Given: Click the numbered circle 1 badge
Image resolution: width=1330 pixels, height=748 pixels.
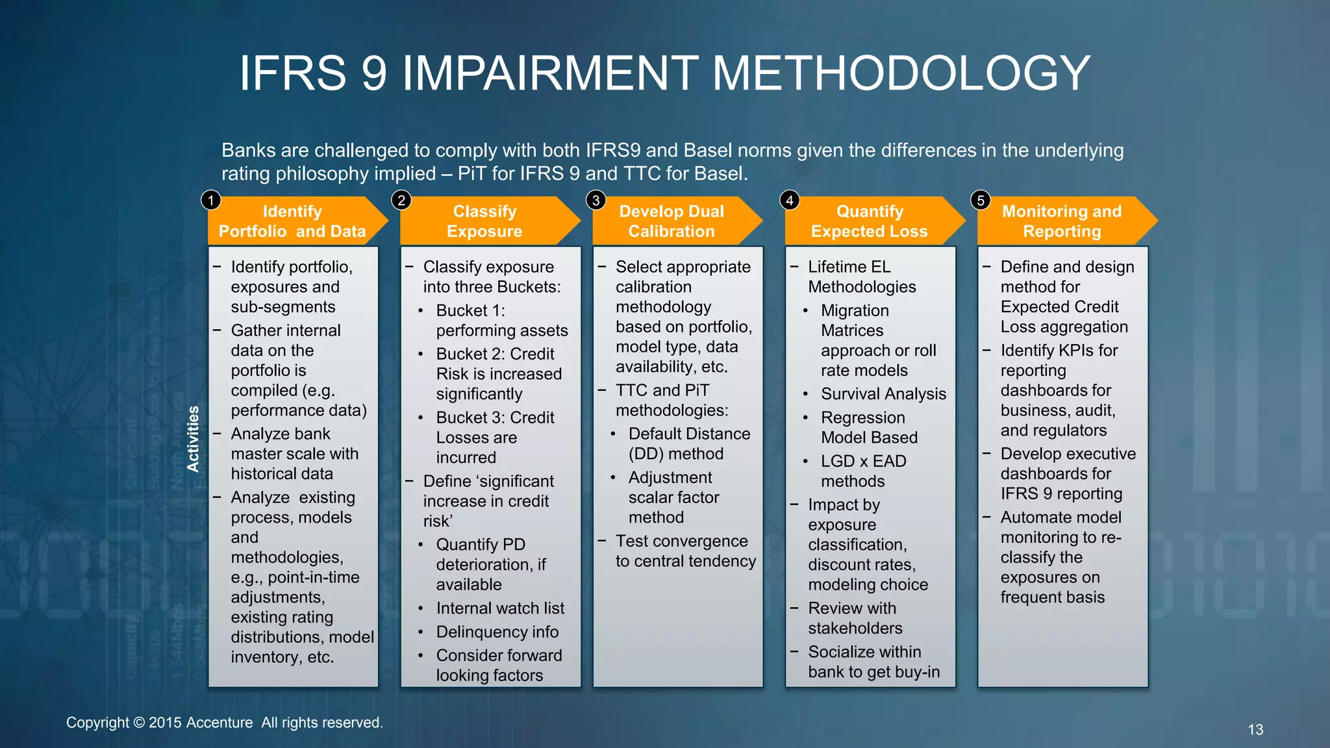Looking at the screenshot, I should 211,200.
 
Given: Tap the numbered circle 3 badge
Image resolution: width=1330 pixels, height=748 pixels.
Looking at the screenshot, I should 596,200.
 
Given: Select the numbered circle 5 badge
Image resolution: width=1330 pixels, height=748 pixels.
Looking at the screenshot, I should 981,200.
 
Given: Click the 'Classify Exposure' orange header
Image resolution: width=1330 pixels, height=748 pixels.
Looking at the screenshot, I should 484,221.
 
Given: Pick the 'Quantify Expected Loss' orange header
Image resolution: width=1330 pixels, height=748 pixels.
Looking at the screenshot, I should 869,221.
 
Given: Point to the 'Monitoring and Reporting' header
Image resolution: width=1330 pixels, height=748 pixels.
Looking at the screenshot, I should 1062,221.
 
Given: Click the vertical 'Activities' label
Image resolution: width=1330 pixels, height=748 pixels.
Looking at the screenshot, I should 193,438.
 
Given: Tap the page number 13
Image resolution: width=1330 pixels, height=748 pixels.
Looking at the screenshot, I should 1255,730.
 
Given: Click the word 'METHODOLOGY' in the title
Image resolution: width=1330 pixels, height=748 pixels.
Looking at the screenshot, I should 901,73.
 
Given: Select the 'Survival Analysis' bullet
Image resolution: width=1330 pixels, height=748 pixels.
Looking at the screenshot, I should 883,394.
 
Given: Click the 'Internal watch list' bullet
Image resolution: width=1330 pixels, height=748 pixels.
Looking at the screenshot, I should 500,608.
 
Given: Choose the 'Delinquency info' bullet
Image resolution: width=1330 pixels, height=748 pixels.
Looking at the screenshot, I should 497,632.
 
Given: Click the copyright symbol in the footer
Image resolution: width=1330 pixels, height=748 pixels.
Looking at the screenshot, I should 139,723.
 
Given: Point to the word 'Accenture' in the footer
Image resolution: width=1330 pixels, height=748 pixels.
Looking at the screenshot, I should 219,723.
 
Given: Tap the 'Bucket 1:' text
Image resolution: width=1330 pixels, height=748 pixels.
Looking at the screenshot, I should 470,310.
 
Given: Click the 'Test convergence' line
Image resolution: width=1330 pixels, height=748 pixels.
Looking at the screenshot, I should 681,541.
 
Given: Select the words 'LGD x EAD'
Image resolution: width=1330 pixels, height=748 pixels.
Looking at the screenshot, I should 863,461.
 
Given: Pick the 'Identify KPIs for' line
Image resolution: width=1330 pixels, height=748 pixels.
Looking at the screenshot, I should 1059,351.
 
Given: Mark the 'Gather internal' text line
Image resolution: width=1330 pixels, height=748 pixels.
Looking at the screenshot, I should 286,330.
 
